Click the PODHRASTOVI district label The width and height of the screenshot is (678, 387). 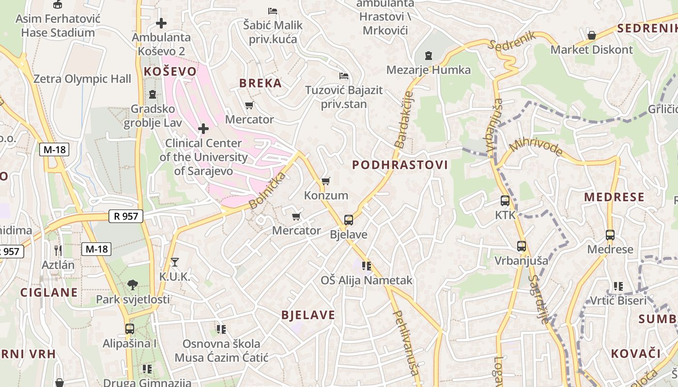pos(400,165)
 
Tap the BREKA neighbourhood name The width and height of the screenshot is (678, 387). pos(261,83)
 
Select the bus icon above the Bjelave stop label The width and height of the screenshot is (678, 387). pos(348,220)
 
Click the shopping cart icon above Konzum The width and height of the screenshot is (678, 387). pos(326,181)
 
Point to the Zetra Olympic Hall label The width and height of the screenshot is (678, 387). pos(82,79)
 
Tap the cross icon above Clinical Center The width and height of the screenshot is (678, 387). pos(203,129)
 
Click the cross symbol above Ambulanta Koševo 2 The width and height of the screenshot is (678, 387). pos(161,23)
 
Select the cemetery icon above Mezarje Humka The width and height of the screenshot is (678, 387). pos(428,55)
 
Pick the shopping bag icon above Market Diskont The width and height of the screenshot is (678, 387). pos(591,35)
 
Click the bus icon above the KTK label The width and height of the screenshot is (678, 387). pos(505,200)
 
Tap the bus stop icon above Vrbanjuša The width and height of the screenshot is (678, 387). pos(521,246)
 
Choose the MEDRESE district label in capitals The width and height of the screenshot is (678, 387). pos(614,197)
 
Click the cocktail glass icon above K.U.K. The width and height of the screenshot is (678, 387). pos(175,262)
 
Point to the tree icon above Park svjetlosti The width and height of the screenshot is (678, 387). pos(133,284)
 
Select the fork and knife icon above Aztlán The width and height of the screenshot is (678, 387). pos(58,250)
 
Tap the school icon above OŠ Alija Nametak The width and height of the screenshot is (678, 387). pos(367,266)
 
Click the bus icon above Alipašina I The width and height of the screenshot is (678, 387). pos(129,329)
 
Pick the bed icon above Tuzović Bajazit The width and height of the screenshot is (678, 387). pos(344,75)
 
